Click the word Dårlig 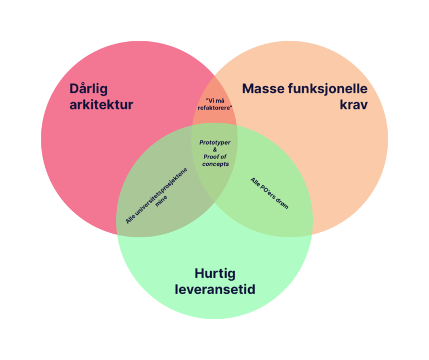(88, 89)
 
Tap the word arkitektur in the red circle (101, 104)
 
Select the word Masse (263, 89)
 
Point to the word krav (354, 104)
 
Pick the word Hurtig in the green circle (215, 274)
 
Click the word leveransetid (215, 290)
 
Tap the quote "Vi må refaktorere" (215, 103)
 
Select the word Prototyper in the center (214, 142)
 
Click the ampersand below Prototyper (215, 150)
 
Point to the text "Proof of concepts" (215, 160)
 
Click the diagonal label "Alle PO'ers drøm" (269, 193)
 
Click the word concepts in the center (215, 164)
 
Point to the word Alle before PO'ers (255, 182)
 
